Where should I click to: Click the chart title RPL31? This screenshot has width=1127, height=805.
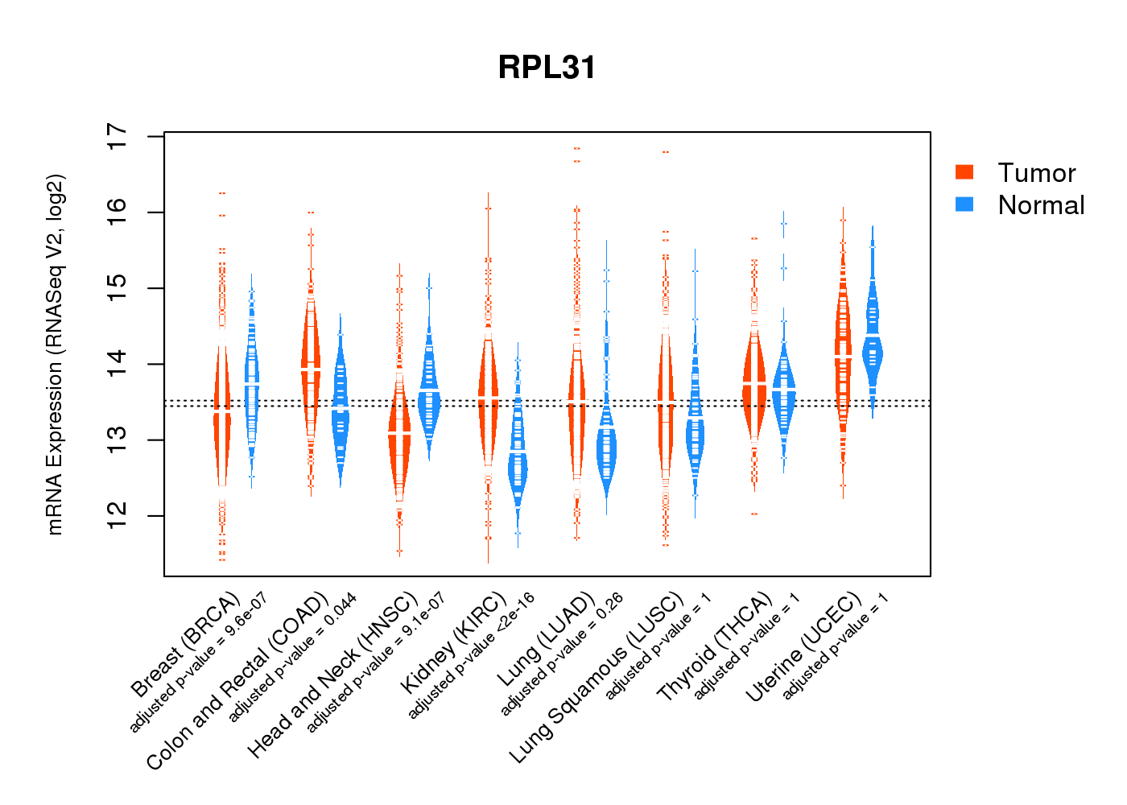point(547,68)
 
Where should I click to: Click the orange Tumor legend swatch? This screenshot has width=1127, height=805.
point(964,171)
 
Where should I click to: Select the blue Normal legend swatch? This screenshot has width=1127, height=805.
point(964,204)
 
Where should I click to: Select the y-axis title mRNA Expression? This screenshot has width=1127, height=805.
point(55,354)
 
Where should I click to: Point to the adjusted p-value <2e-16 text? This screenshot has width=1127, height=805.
point(472,656)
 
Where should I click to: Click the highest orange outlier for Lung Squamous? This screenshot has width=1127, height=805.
point(666,151)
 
